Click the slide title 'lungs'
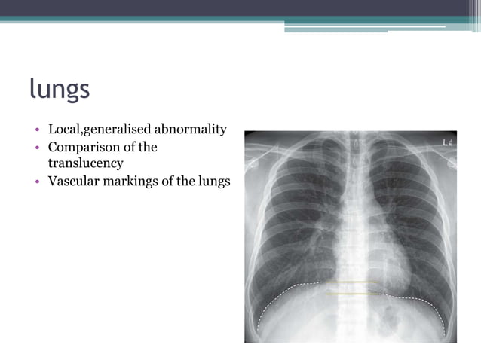pos(60,90)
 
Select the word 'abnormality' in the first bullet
pos(191,130)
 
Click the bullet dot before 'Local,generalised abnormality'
pos(38,130)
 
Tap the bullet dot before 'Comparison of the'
pos(38,148)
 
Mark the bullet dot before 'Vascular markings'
pos(38,182)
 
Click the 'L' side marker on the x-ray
pos(445,142)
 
